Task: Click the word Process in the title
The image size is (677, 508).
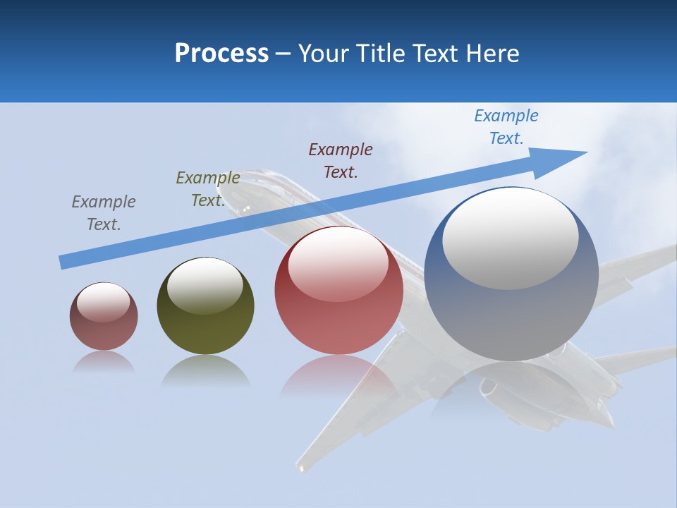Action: point(221,53)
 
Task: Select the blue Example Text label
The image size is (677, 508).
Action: point(506,127)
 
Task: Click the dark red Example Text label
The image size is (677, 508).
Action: point(341,160)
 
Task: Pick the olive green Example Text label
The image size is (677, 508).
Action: point(208,189)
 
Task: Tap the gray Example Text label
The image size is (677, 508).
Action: point(104,212)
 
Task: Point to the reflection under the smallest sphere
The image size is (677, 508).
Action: point(104,363)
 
